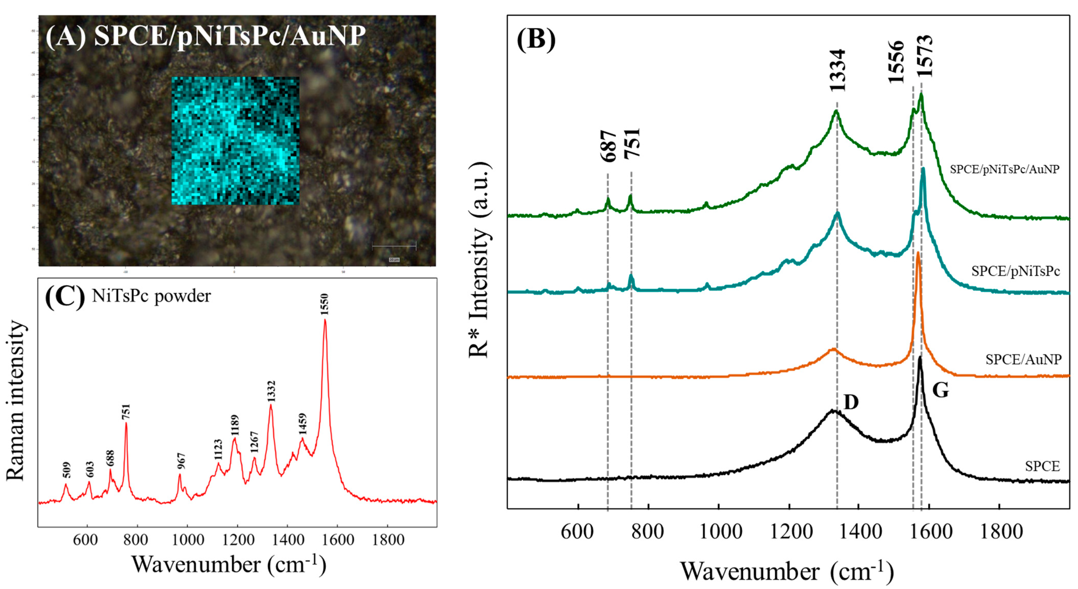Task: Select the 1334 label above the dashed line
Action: click(x=837, y=70)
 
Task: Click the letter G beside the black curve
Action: click(x=940, y=391)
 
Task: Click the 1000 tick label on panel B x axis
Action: click(x=718, y=532)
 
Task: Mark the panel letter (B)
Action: click(x=536, y=41)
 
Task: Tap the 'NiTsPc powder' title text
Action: click(x=152, y=296)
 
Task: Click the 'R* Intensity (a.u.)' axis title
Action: click(x=479, y=260)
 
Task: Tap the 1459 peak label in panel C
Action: click(x=302, y=424)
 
